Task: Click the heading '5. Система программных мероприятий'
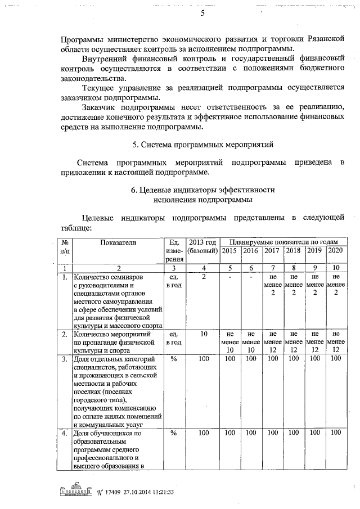pos(202,145)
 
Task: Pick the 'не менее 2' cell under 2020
pos(335,285)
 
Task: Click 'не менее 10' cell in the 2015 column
pos(229,342)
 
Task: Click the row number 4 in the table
pos(65,433)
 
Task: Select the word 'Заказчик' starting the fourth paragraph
pos(100,107)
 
